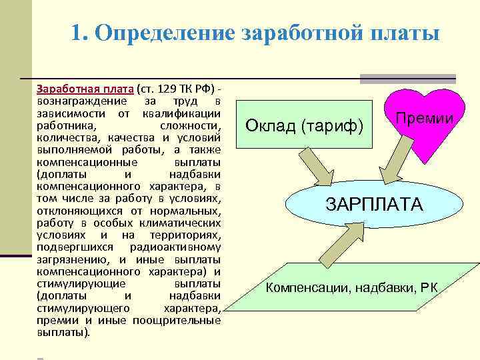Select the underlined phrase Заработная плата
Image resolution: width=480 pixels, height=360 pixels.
pyautogui.click(x=85, y=89)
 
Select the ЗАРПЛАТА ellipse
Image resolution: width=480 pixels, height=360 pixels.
pyautogui.click(x=373, y=204)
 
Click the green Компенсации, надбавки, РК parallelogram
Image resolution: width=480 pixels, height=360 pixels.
pyautogui.click(x=352, y=288)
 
